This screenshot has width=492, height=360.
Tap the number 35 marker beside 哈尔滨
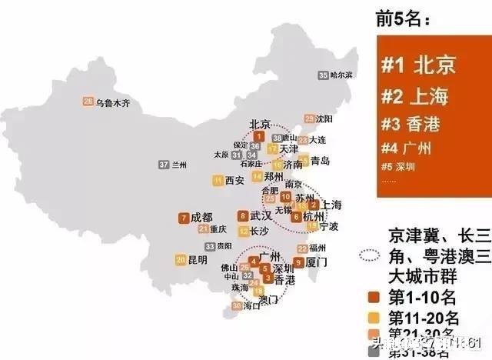[323, 75]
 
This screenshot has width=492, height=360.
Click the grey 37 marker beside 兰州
[163, 165]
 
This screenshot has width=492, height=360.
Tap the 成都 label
[201, 218]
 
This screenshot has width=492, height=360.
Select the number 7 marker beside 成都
[183, 218]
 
